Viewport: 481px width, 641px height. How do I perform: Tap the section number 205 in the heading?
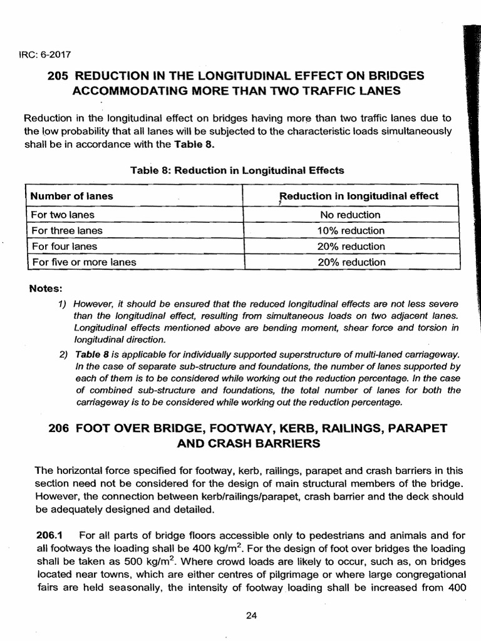coord(58,76)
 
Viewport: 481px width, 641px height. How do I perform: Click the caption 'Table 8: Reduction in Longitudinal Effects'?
coord(237,170)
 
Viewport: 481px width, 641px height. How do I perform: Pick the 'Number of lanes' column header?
coord(72,196)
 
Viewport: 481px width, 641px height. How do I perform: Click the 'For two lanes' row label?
coord(63,215)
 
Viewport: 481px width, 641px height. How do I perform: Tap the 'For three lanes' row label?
coord(66,230)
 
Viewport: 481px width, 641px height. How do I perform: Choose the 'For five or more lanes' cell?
coord(84,262)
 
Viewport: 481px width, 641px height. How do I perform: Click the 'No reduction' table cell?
coord(351,215)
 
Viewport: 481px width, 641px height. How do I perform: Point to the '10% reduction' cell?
coord(351,230)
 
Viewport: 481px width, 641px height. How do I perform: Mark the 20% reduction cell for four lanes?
coord(351,247)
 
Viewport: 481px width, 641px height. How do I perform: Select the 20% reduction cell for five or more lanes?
coord(351,262)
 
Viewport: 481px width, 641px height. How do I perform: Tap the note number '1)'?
coord(62,304)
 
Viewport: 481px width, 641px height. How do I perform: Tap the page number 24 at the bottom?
coord(252,615)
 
